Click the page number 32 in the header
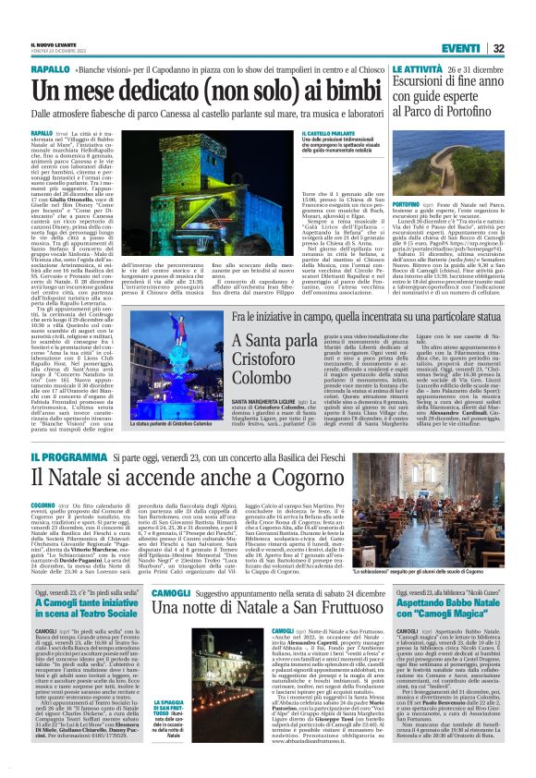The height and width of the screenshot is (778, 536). click(x=524, y=23)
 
